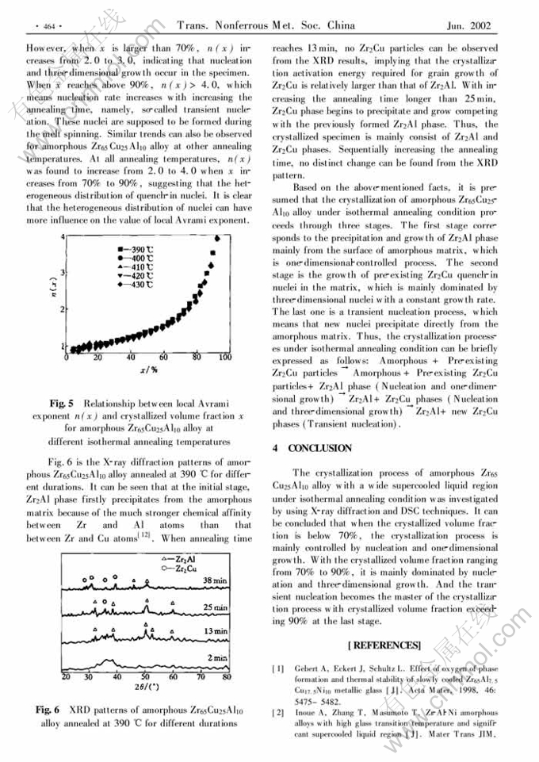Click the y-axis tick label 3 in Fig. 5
pos(63,272)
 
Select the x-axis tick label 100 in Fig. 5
pos(225,358)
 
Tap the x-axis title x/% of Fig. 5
pos(148,369)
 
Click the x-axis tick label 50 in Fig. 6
pos(146,677)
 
